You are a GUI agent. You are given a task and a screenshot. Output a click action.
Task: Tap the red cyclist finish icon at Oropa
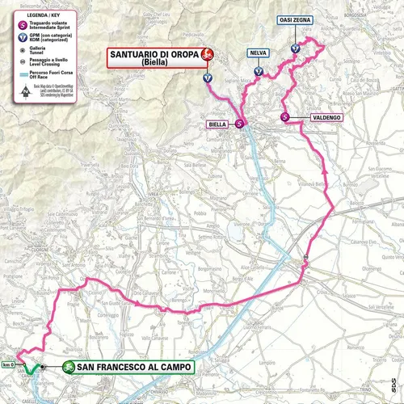(x=208, y=54)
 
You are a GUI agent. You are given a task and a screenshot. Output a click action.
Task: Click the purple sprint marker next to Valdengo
(x=284, y=118)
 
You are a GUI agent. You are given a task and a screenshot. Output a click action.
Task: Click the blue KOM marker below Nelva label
(x=258, y=71)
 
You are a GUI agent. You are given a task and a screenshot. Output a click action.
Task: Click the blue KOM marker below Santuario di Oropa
(x=208, y=78)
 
